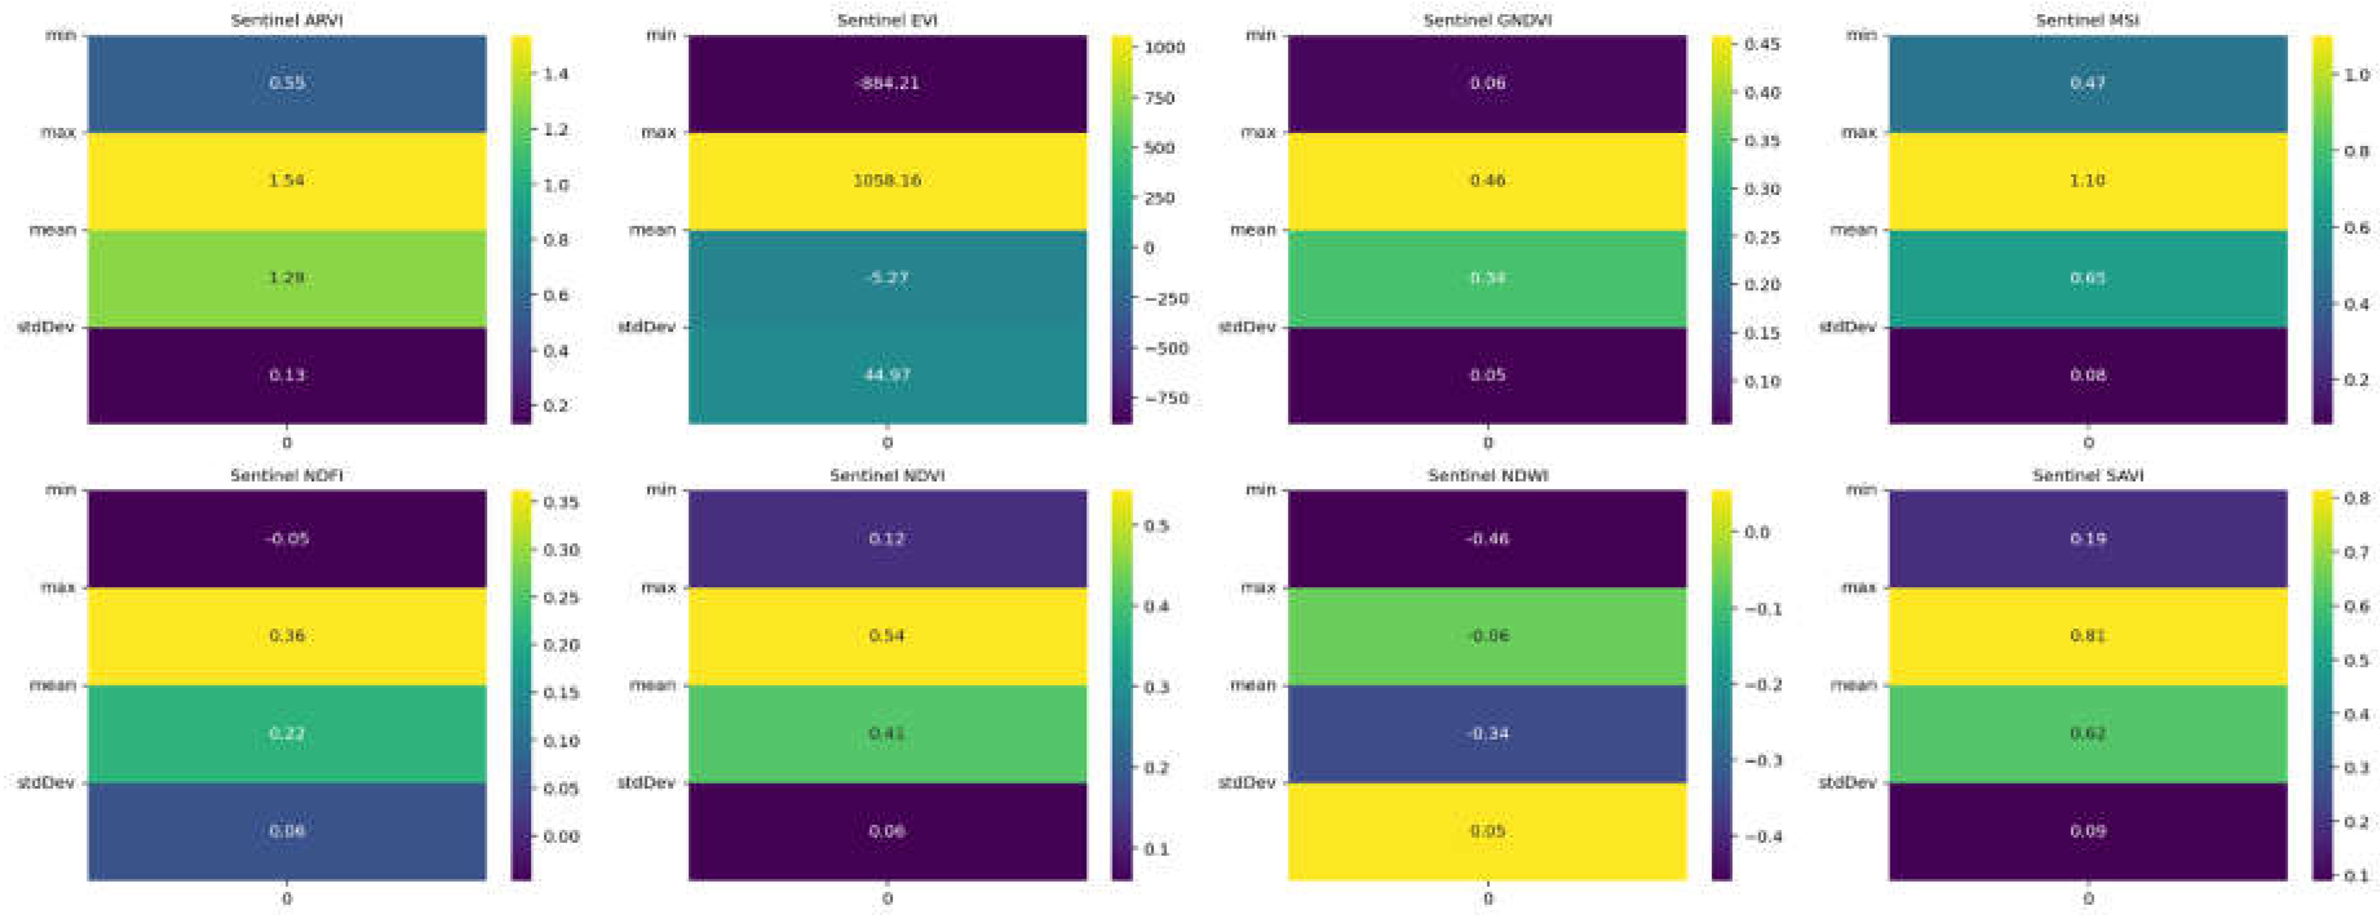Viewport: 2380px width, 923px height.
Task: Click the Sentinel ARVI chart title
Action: [x=286, y=19]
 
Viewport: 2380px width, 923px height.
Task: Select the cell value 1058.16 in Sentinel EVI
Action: [x=887, y=180]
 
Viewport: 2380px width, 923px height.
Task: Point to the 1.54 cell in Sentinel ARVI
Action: [x=286, y=180]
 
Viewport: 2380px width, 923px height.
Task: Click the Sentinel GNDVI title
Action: [x=1487, y=19]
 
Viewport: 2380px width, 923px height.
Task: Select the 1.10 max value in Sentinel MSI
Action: [x=2087, y=180]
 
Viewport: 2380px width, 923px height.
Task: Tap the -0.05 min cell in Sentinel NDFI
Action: [x=286, y=539]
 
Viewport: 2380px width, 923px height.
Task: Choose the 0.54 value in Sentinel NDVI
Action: [x=887, y=636]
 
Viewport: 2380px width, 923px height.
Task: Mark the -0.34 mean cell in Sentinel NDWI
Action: [x=1487, y=734]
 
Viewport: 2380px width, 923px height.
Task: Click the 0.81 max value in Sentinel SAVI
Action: [x=2087, y=636]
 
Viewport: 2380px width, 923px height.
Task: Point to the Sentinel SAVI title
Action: [x=2087, y=475]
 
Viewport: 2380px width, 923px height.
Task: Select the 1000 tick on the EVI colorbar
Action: [x=1164, y=48]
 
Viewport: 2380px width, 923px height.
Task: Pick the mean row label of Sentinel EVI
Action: [x=652, y=229]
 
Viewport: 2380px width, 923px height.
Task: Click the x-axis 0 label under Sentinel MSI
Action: [x=2087, y=442]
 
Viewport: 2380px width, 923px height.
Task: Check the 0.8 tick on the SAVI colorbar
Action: [x=2357, y=498]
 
